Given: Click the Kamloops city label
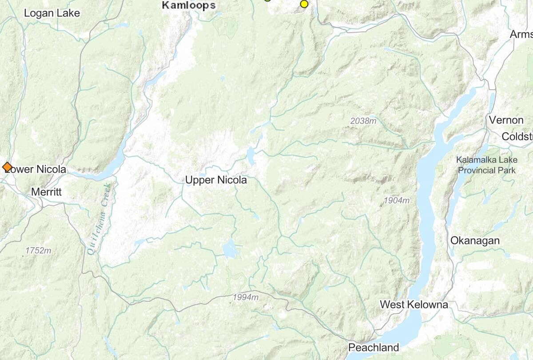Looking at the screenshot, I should (x=189, y=5).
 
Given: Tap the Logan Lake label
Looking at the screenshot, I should (x=52, y=13).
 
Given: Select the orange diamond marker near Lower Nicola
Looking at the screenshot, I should (x=7, y=167).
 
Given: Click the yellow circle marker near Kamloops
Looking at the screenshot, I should (x=304, y=4).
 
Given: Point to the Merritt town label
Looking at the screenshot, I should (x=46, y=192).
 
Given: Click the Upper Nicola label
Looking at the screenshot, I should (x=216, y=180).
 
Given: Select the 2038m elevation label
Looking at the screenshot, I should (x=363, y=121).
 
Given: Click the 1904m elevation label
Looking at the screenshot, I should (x=397, y=201).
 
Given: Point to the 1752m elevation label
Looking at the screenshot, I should (x=38, y=251).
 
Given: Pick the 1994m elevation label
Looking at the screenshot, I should (x=245, y=297).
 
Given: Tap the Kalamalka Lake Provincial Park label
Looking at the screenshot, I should (x=486, y=165).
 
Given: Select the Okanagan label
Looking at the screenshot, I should (x=475, y=241).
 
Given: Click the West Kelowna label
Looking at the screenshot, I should (x=414, y=305).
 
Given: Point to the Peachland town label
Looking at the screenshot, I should (x=374, y=347).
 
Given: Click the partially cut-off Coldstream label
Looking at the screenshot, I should (x=517, y=136).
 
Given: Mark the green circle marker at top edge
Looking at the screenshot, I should (x=267, y=1).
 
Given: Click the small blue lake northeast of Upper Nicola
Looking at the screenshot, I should (x=251, y=156).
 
